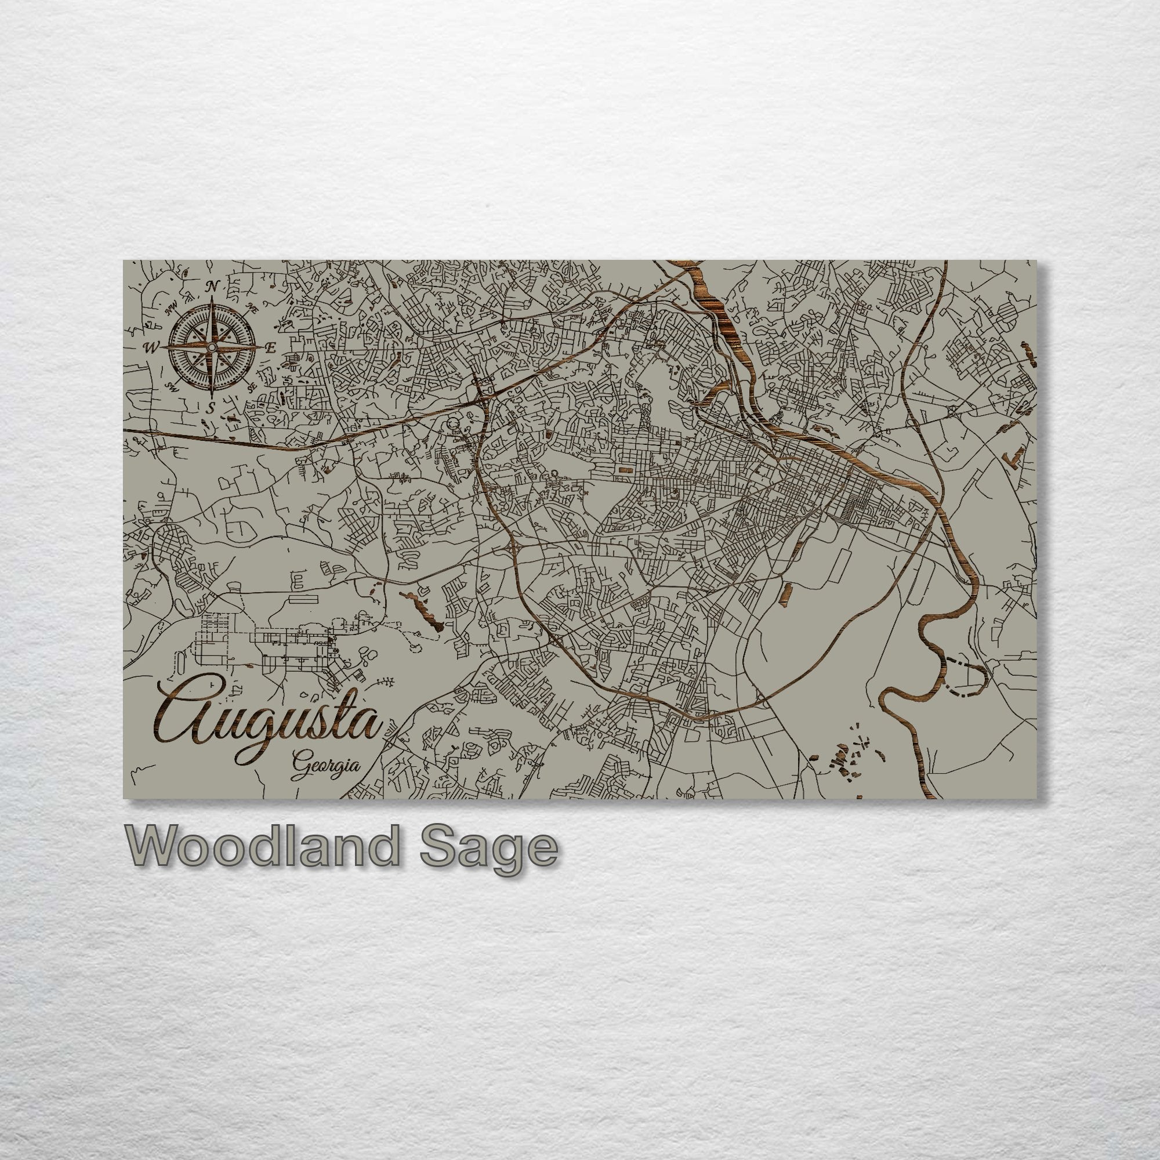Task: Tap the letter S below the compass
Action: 211,408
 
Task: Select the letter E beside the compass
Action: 271,347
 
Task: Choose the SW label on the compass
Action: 170,386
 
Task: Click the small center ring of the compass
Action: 211,347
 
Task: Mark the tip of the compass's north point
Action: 211,300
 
